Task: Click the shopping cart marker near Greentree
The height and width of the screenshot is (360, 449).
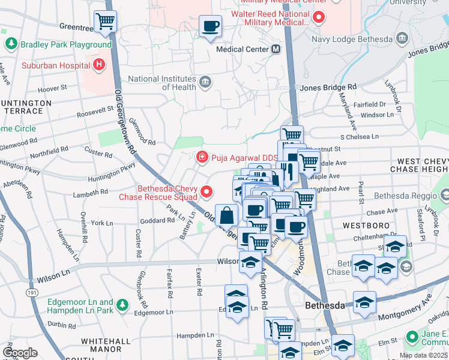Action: [x=105, y=21]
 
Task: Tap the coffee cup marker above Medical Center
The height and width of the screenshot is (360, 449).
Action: [x=210, y=26]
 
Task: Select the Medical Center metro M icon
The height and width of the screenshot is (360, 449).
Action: [x=276, y=49]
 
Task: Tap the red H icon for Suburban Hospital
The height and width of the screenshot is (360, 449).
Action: [x=98, y=64]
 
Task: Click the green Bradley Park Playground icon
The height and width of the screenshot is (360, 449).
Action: [x=11, y=44]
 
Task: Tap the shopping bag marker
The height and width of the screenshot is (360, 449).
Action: [x=228, y=215]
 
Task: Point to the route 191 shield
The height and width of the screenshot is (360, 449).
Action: [x=32, y=291]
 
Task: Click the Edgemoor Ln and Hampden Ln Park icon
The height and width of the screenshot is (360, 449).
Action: [x=122, y=305]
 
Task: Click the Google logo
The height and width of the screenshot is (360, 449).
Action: [x=20, y=352]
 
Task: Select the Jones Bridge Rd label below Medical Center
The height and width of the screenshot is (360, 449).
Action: [x=328, y=87]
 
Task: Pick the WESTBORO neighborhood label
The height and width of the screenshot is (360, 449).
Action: [x=362, y=226]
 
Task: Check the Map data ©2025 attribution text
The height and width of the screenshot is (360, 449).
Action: [x=422, y=355]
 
